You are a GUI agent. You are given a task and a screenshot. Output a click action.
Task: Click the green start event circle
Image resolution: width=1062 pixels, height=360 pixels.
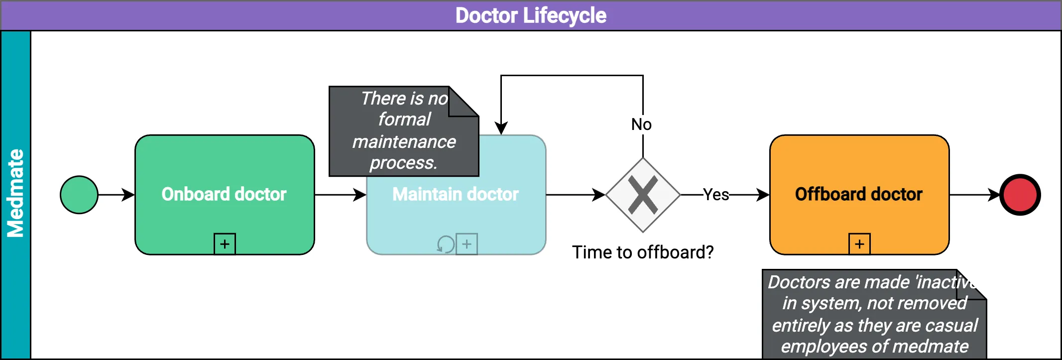(79, 195)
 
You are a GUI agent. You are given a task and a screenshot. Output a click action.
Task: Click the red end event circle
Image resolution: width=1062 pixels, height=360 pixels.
(1020, 195)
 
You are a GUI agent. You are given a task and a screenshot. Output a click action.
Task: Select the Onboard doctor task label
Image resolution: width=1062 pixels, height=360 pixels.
(224, 194)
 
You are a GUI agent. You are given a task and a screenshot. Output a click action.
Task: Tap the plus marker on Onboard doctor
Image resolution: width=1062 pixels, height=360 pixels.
(225, 244)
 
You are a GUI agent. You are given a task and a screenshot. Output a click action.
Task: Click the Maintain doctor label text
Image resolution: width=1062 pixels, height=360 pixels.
(455, 194)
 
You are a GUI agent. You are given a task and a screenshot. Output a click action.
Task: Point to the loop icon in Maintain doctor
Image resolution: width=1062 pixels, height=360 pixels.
(445, 244)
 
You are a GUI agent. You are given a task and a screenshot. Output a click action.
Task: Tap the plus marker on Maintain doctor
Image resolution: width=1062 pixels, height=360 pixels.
(467, 244)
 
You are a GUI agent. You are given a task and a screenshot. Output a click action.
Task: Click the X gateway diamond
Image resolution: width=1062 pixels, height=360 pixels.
(643, 195)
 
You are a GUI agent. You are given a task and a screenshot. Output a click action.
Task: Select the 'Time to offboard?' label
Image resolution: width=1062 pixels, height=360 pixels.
(642, 252)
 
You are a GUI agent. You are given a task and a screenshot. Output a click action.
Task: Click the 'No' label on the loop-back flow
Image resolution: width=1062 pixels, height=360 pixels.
(641, 124)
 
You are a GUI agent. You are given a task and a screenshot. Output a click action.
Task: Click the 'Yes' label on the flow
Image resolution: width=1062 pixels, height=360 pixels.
(716, 195)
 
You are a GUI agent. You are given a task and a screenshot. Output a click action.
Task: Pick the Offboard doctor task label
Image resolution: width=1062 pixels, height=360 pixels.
(858, 194)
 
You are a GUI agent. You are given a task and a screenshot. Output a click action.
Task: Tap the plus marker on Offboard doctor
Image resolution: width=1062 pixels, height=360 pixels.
(859, 244)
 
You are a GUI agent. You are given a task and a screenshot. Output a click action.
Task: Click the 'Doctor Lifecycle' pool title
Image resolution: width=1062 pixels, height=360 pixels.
(531, 15)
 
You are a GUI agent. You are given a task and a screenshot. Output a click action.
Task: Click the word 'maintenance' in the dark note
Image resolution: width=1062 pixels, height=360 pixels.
(404, 142)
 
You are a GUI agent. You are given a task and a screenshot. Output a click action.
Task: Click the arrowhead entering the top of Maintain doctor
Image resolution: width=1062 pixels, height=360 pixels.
(501, 128)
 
